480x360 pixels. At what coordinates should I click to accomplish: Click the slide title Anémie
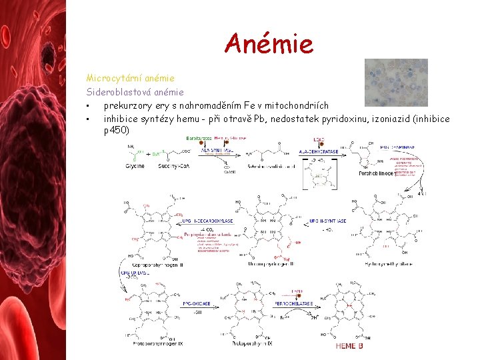click(x=269, y=43)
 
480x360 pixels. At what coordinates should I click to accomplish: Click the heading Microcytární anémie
click(x=131, y=78)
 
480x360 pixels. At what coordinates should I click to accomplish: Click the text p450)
click(x=117, y=131)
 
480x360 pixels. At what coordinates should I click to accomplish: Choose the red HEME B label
click(x=350, y=346)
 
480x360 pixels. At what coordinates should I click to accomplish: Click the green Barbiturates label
click(x=199, y=138)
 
